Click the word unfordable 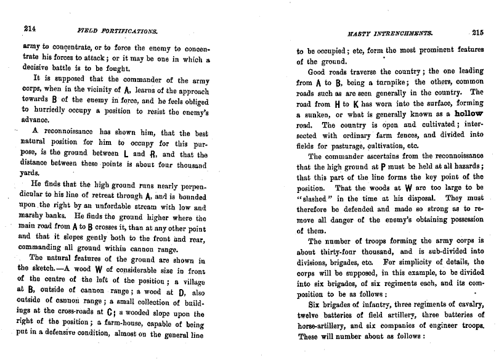pyautogui.click(x=118, y=207)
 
